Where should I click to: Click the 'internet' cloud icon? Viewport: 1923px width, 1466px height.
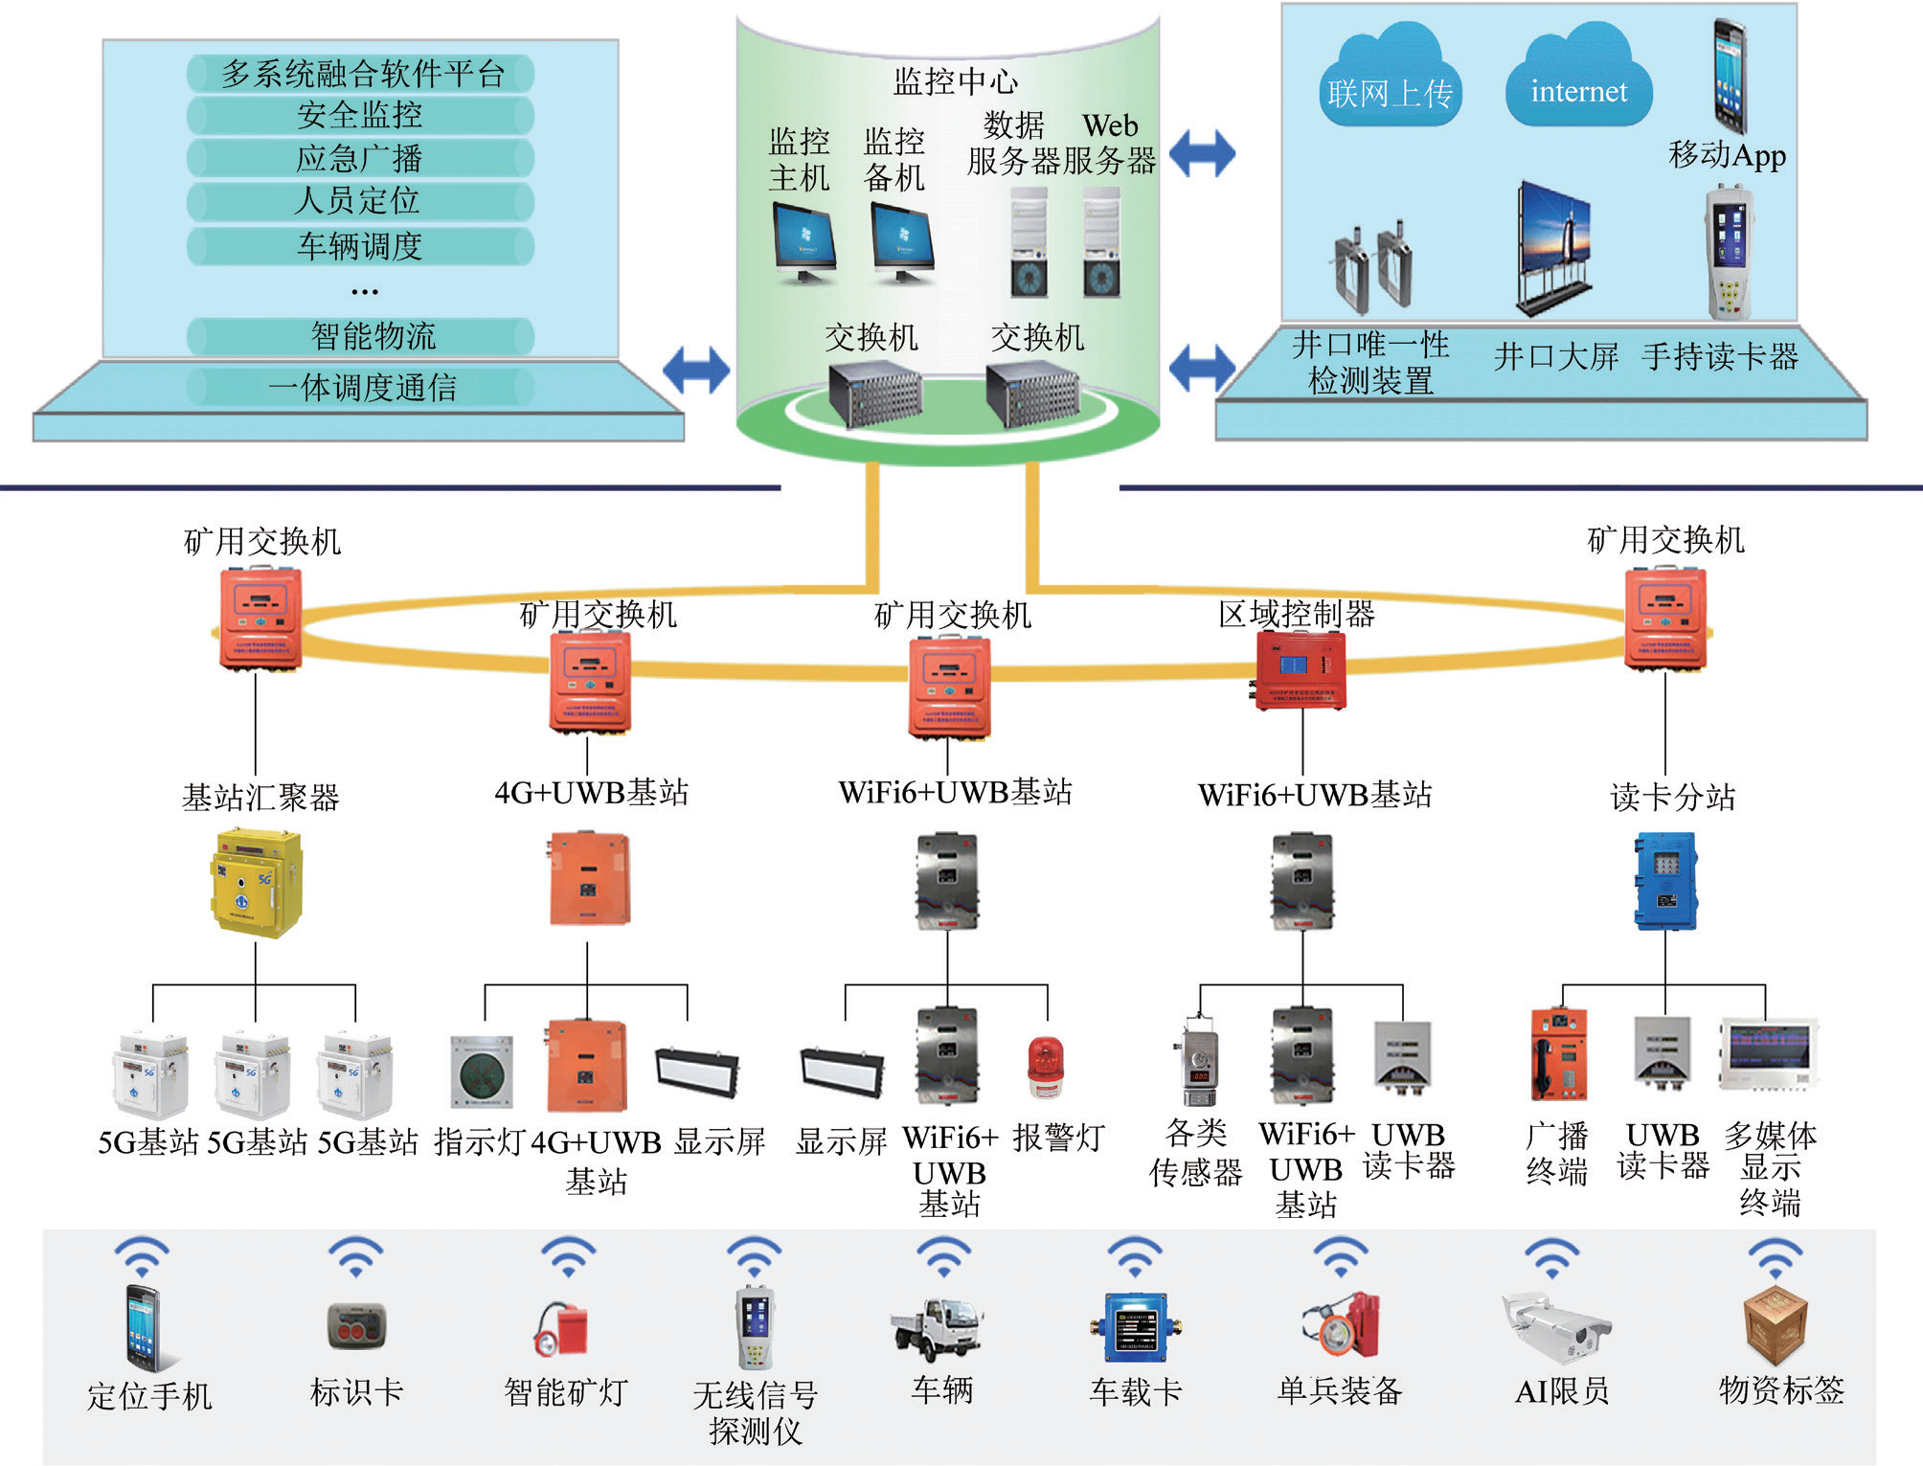(x=1578, y=86)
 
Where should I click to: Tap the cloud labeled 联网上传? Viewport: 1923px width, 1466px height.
(x=1390, y=88)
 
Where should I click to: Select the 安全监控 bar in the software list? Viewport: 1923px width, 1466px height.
(x=360, y=116)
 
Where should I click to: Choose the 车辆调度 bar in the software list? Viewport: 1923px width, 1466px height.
(x=360, y=246)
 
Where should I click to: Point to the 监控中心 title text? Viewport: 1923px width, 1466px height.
(x=955, y=81)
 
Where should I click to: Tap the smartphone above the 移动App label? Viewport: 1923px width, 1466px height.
(x=1730, y=77)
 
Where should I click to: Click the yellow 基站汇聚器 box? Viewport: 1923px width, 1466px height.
(x=256, y=883)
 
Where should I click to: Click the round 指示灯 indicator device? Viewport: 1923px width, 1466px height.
(x=482, y=1072)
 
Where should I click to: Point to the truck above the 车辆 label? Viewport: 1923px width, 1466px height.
(x=938, y=1329)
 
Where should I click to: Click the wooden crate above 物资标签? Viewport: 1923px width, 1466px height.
(x=1776, y=1324)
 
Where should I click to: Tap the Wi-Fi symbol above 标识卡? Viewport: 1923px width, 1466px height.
(x=355, y=1255)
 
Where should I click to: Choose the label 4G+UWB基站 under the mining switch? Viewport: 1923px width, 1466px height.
(x=591, y=793)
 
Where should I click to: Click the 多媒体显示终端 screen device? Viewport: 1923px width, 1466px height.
(x=1769, y=1053)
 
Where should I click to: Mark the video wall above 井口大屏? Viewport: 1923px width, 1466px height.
(x=1553, y=247)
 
